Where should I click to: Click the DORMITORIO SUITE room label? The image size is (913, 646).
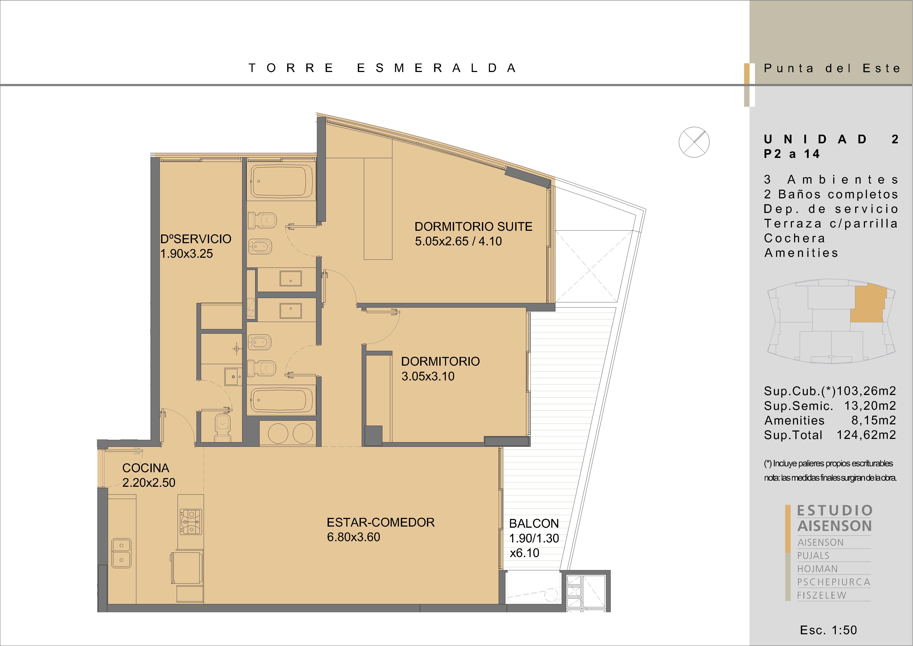pyautogui.click(x=473, y=227)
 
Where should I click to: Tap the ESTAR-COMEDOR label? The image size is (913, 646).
pyautogui.click(x=381, y=522)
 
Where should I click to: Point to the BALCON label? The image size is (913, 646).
pyautogui.click(x=534, y=524)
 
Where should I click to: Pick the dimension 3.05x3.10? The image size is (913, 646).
pyautogui.click(x=428, y=376)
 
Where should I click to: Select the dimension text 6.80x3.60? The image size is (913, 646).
pyautogui.click(x=353, y=537)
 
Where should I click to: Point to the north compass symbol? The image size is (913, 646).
pyautogui.click(x=694, y=142)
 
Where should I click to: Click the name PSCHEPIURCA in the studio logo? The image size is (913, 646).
pyautogui.click(x=834, y=582)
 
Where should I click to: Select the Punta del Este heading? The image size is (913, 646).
pyautogui.click(x=832, y=69)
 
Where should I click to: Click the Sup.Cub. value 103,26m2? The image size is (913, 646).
pyautogui.click(x=866, y=391)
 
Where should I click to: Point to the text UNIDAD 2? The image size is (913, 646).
pyautogui.click(x=831, y=139)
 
